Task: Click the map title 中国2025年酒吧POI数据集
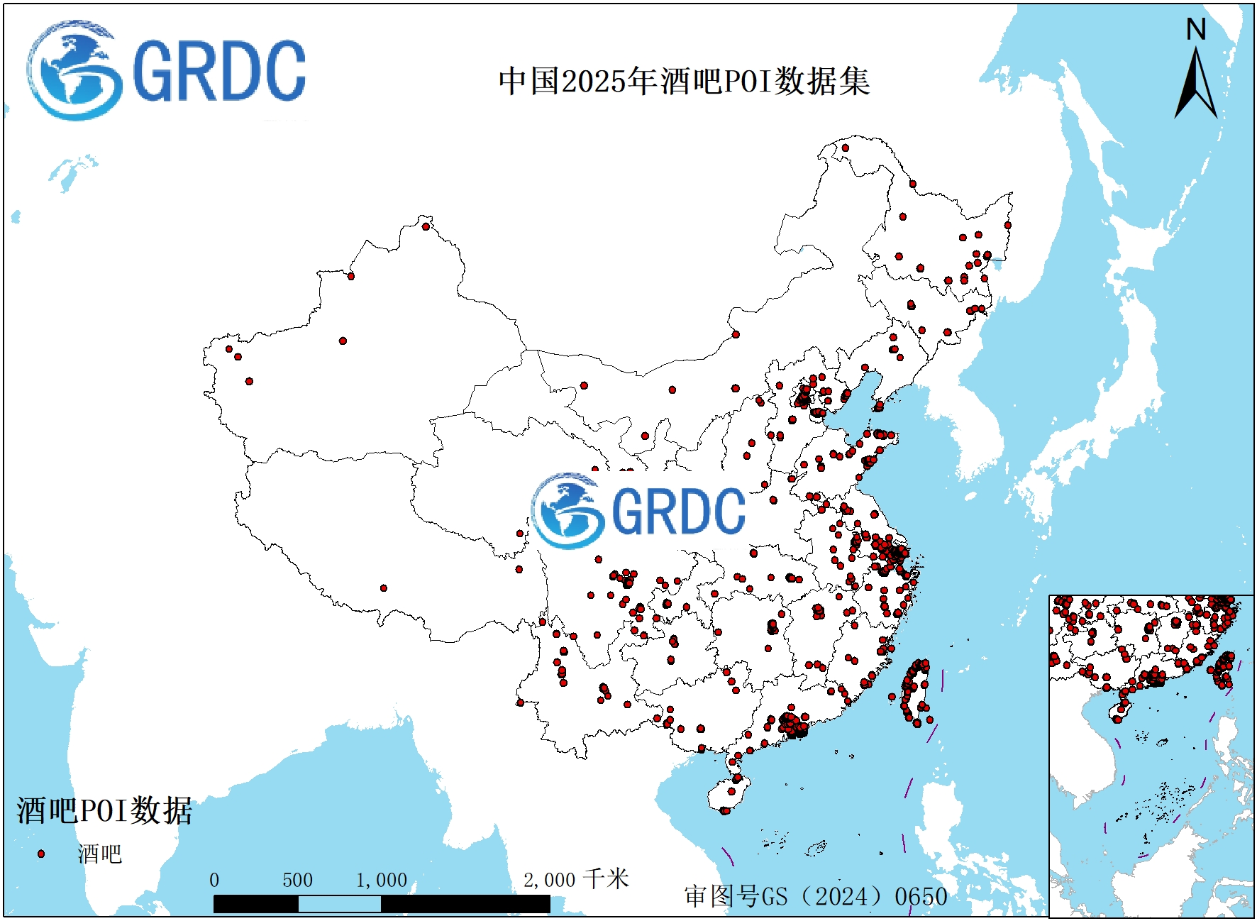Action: (684, 81)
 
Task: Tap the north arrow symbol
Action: (1196, 84)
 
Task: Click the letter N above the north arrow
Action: (1196, 30)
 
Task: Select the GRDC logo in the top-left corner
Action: (167, 70)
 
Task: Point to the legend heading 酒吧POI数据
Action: (104, 810)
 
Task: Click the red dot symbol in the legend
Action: (41, 854)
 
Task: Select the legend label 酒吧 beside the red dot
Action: (100, 854)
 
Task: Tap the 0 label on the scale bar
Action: (214, 881)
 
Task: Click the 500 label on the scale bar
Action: (297, 881)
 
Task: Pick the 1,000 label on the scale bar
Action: (382, 881)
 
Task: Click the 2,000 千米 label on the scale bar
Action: (576, 880)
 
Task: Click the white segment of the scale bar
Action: (339, 904)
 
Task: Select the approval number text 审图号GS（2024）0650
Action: (816, 896)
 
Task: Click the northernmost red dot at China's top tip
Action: (845, 148)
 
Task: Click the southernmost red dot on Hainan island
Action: (725, 810)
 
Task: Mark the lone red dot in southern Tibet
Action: (384, 588)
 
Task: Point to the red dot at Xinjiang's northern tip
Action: (426, 227)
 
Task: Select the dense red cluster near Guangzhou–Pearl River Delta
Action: (793, 725)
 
